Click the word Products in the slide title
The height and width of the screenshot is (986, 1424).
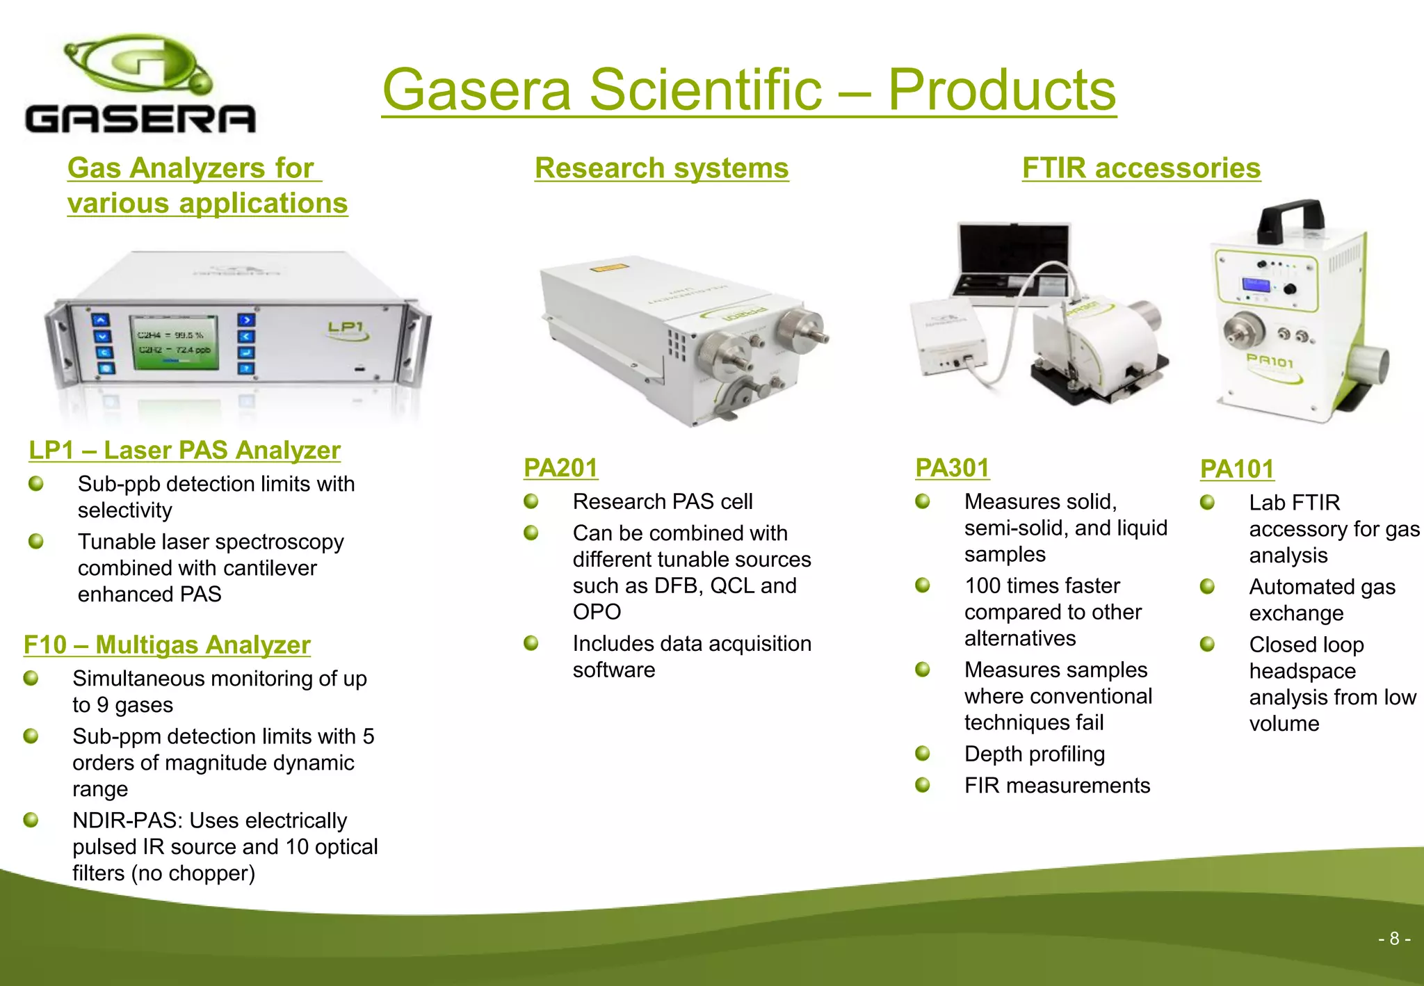[1001, 90]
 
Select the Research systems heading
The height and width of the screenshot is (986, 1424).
[661, 168]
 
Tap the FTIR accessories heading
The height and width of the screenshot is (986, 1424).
[1141, 168]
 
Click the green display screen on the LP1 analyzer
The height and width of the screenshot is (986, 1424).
[174, 342]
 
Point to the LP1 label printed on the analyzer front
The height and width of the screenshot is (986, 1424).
[346, 327]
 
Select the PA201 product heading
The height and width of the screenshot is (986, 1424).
[560, 468]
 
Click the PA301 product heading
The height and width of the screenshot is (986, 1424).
[952, 468]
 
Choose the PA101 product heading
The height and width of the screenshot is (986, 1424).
[1237, 469]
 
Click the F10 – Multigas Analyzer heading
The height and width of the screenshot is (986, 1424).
[167, 645]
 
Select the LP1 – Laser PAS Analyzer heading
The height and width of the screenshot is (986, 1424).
[184, 451]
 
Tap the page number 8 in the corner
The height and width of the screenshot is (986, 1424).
[1393, 939]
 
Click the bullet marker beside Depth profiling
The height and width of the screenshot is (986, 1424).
[923, 754]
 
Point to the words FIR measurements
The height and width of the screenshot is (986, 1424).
[1057, 786]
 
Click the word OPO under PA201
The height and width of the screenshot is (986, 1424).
[597, 612]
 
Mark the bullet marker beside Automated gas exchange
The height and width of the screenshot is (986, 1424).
[1208, 587]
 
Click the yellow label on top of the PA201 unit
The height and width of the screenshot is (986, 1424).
[609, 268]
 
